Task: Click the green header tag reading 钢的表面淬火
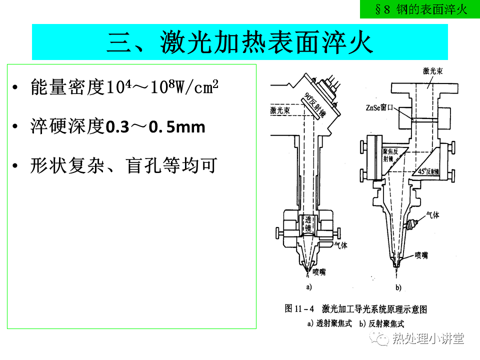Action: tap(419, 9)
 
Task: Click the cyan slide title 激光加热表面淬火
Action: tap(239, 42)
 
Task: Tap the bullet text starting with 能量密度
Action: tap(124, 87)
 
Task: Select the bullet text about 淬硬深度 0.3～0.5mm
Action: tap(117, 126)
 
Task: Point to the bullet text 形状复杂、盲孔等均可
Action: tap(123, 165)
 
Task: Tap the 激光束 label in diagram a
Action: tap(280, 110)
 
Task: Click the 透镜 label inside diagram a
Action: tap(308, 224)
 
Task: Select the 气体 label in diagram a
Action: tap(341, 245)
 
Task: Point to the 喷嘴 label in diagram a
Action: tap(319, 272)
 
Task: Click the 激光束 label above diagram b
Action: tap(433, 71)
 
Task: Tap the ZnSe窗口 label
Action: tap(379, 107)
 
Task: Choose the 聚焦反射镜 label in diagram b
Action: tap(390, 155)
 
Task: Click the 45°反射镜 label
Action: tap(428, 171)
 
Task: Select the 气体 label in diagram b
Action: tap(433, 215)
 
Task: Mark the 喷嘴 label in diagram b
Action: tap(421, 255)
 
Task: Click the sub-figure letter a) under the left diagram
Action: tap(309, 287)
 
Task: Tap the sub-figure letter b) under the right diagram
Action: tap(398, 287)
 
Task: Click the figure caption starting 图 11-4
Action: tap(355, 309)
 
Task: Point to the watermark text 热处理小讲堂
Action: tap(428, 338)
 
